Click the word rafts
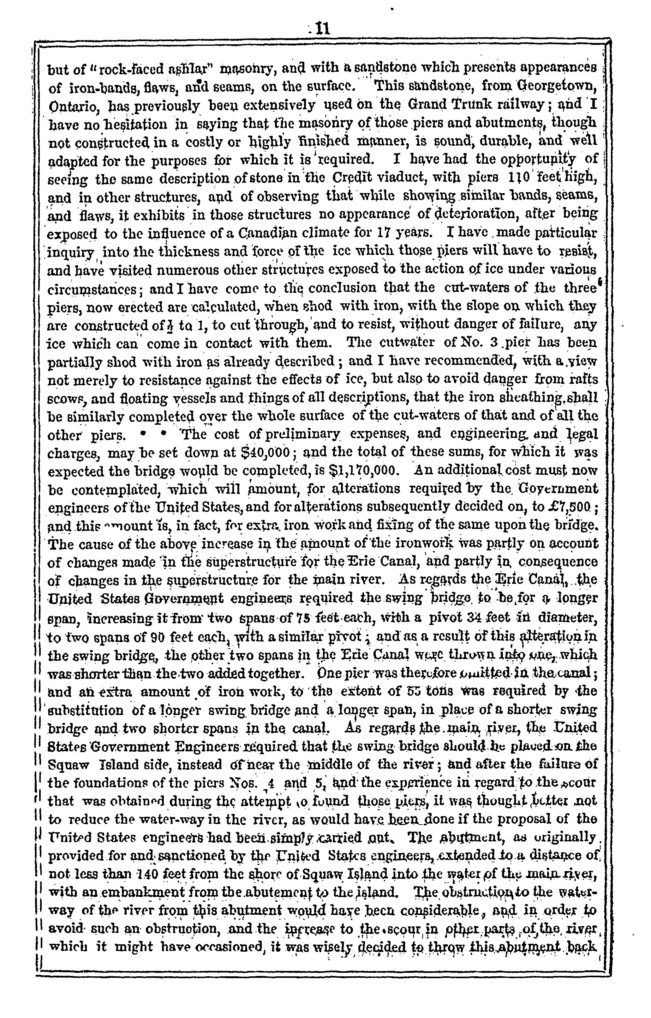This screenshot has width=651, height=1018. click(583, 379)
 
